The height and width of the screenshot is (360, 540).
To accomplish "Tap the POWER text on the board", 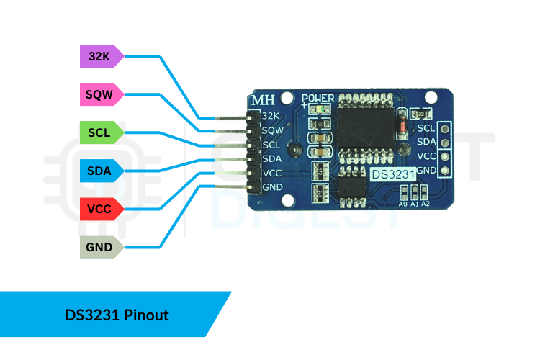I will (x=318, y=98).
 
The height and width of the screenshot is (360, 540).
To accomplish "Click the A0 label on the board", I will (x=402, y=204).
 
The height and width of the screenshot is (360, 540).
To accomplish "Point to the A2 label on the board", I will (x=426, y=204).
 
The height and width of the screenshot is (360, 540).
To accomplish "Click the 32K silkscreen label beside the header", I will (x=271, y=116).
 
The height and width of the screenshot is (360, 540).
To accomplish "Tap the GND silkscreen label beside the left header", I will (x=272, y=188).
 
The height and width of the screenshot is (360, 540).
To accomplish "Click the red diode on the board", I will (x=400, y=127).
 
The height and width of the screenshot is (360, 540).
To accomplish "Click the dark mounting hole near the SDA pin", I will (x=293, y=150).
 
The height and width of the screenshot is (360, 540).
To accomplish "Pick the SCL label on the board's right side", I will (x=426, y=128).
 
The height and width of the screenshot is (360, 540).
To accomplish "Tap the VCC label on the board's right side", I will (x=426, y=156).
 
